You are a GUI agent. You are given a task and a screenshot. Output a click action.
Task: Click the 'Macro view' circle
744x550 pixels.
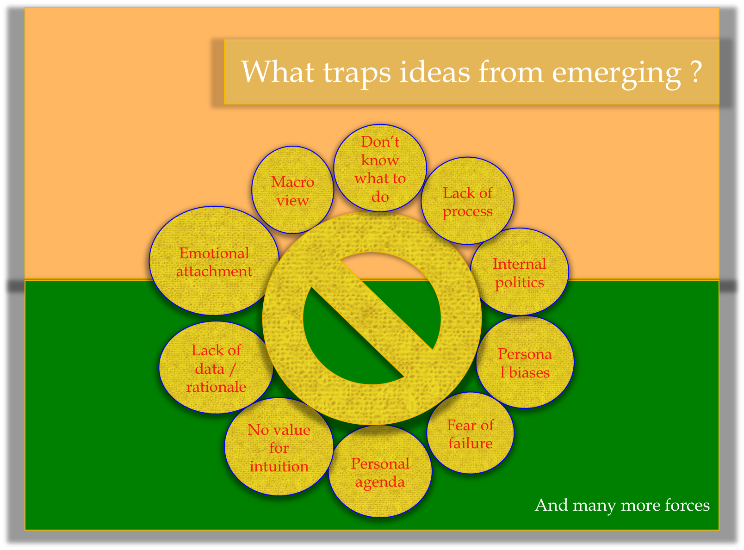292,190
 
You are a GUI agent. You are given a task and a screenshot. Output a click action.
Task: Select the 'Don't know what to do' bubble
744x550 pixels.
380,168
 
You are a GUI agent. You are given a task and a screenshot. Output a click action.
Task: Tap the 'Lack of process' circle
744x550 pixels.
468,201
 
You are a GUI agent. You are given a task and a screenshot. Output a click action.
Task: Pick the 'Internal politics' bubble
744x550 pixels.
520,272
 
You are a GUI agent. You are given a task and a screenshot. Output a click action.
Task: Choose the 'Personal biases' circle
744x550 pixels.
525,362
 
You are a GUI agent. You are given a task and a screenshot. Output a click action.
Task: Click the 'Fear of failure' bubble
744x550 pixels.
470,433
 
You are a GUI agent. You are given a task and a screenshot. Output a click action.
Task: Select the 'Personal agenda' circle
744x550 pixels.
380,471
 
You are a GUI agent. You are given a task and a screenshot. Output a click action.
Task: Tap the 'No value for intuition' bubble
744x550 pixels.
279,447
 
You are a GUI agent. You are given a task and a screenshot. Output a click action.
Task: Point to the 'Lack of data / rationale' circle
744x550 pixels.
217,368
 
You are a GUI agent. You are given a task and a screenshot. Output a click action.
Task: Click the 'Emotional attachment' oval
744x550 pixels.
214,261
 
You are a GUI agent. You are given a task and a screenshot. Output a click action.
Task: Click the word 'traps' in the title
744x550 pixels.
357,73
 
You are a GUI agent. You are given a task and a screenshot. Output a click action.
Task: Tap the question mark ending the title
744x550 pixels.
696,71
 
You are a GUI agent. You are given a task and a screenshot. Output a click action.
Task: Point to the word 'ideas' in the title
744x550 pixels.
434,71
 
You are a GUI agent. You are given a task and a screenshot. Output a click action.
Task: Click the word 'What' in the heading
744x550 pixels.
278,71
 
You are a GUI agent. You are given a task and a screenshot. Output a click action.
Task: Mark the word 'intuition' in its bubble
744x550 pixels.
279,466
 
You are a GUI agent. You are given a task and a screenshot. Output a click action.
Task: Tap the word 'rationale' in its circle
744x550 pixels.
217,387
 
